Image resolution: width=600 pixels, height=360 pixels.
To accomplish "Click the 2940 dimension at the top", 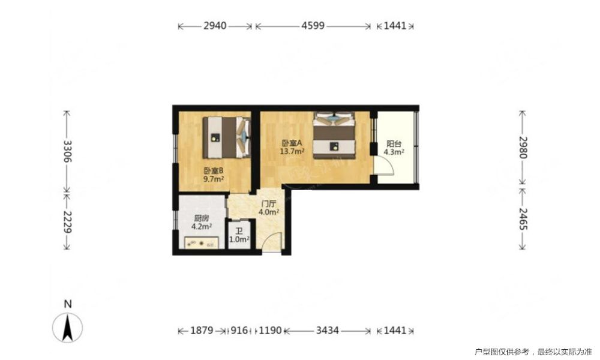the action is coord(215,26).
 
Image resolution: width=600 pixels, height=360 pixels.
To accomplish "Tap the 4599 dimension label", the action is coord(313,26).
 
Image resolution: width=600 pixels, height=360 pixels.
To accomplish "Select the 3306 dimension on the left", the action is coord(67,151).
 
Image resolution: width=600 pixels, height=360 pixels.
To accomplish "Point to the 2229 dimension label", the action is coord(67,222).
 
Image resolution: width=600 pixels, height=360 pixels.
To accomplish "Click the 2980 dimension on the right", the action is coord(523,147).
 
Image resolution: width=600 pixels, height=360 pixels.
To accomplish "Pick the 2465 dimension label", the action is coord(523,219).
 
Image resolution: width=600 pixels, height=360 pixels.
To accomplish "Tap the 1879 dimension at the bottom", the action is coord(202,330).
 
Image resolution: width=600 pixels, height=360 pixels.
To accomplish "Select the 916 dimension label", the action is coord(239,330).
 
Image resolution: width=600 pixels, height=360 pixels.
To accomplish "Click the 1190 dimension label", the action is coord(270,330).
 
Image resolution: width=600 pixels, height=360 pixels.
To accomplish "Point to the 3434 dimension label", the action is coord(327,330).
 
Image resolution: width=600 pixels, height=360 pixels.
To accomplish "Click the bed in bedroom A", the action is coord(334,134).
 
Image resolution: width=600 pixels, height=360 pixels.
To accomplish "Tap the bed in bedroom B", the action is coord(226,137).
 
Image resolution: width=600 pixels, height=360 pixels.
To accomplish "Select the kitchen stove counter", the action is coord(202,242).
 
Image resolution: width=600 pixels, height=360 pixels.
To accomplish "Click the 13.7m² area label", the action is coord(292,151).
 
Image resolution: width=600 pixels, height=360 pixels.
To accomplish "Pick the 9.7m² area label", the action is coord(214,179).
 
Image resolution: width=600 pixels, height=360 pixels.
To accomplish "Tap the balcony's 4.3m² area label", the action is coord(394,152).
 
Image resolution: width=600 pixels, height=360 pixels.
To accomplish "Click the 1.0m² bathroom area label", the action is coord(239,239).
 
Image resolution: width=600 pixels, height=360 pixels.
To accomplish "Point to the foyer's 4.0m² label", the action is coord(269,212).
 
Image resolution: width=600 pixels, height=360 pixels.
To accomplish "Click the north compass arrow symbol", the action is coord(68,328).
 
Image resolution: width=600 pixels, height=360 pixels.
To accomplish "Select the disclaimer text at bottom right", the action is coord(533,352).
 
